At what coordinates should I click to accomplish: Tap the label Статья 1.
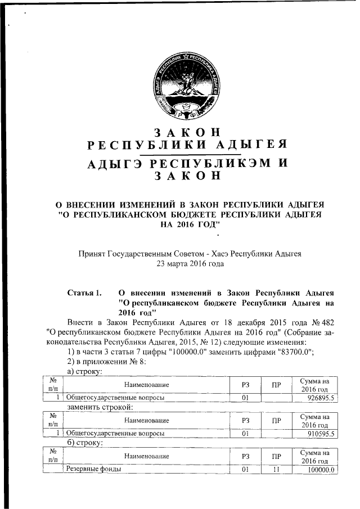pos(84,293)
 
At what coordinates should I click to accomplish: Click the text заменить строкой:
pos(100,407)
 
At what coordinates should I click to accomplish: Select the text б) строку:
pos(84,443)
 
